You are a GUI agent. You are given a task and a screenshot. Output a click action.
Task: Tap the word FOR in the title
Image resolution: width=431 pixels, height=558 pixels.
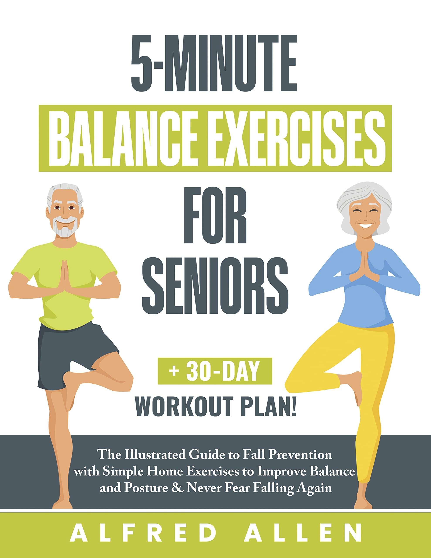click(215, 215)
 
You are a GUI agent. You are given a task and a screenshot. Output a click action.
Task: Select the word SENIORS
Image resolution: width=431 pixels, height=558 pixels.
click(215, 286)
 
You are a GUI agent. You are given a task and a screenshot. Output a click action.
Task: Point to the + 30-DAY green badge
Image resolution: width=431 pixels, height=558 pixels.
click(215, 371)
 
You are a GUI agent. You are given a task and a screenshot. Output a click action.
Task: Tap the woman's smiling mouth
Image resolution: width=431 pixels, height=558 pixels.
click(365, 226)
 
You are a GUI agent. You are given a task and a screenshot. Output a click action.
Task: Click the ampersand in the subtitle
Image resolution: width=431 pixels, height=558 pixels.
click(177, 488)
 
